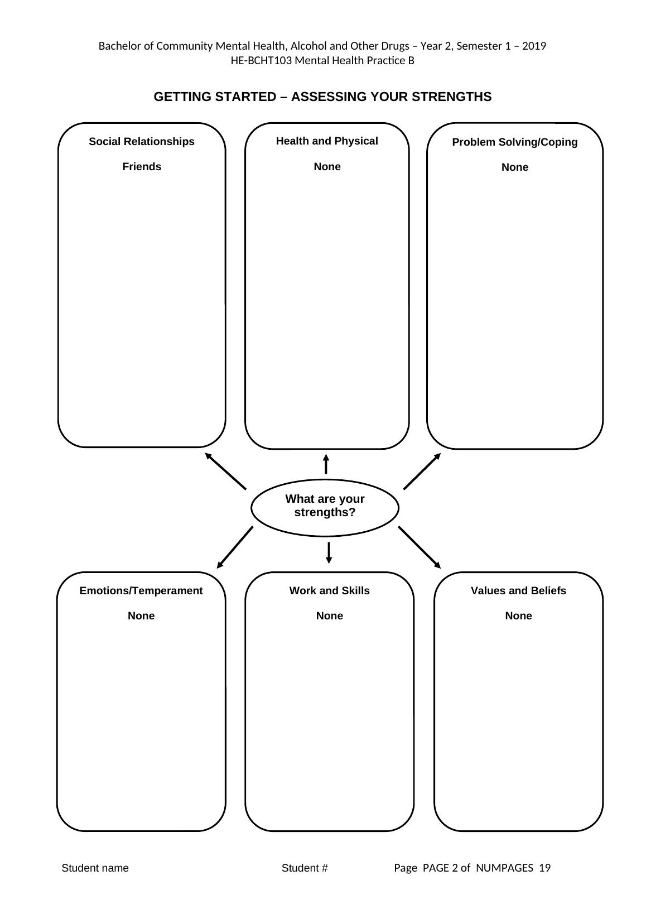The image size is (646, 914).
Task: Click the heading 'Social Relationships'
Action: click(142, 142)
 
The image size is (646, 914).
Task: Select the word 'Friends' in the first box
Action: click(142, 167)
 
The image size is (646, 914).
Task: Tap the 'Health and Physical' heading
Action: click(327, 141)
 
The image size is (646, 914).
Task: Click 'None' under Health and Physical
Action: click(327, 167)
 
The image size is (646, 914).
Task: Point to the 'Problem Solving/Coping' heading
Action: click(514, 142)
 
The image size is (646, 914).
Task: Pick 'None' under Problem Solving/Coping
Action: click(514, 167)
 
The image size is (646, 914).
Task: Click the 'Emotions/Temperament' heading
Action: click(141, 591)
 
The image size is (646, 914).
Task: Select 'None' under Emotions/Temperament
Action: click(141, 616)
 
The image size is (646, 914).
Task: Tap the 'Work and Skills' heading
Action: click(329, 591)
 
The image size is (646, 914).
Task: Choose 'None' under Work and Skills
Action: click(329, 616)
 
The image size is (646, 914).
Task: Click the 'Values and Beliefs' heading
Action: click(518, 591)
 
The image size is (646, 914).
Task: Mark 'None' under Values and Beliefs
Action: click(518, 616)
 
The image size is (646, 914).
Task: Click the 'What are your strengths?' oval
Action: click(325, 507)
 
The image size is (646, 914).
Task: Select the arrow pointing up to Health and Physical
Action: click(326, 464)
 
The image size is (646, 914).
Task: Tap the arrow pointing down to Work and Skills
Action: click(329, 552)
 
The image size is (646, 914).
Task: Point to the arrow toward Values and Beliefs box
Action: click(420, 547)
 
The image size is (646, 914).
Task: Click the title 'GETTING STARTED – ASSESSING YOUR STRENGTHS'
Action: click(322, 97)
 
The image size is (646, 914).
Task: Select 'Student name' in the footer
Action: click(95, 868)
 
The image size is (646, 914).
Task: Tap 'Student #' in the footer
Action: click(305, 868)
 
